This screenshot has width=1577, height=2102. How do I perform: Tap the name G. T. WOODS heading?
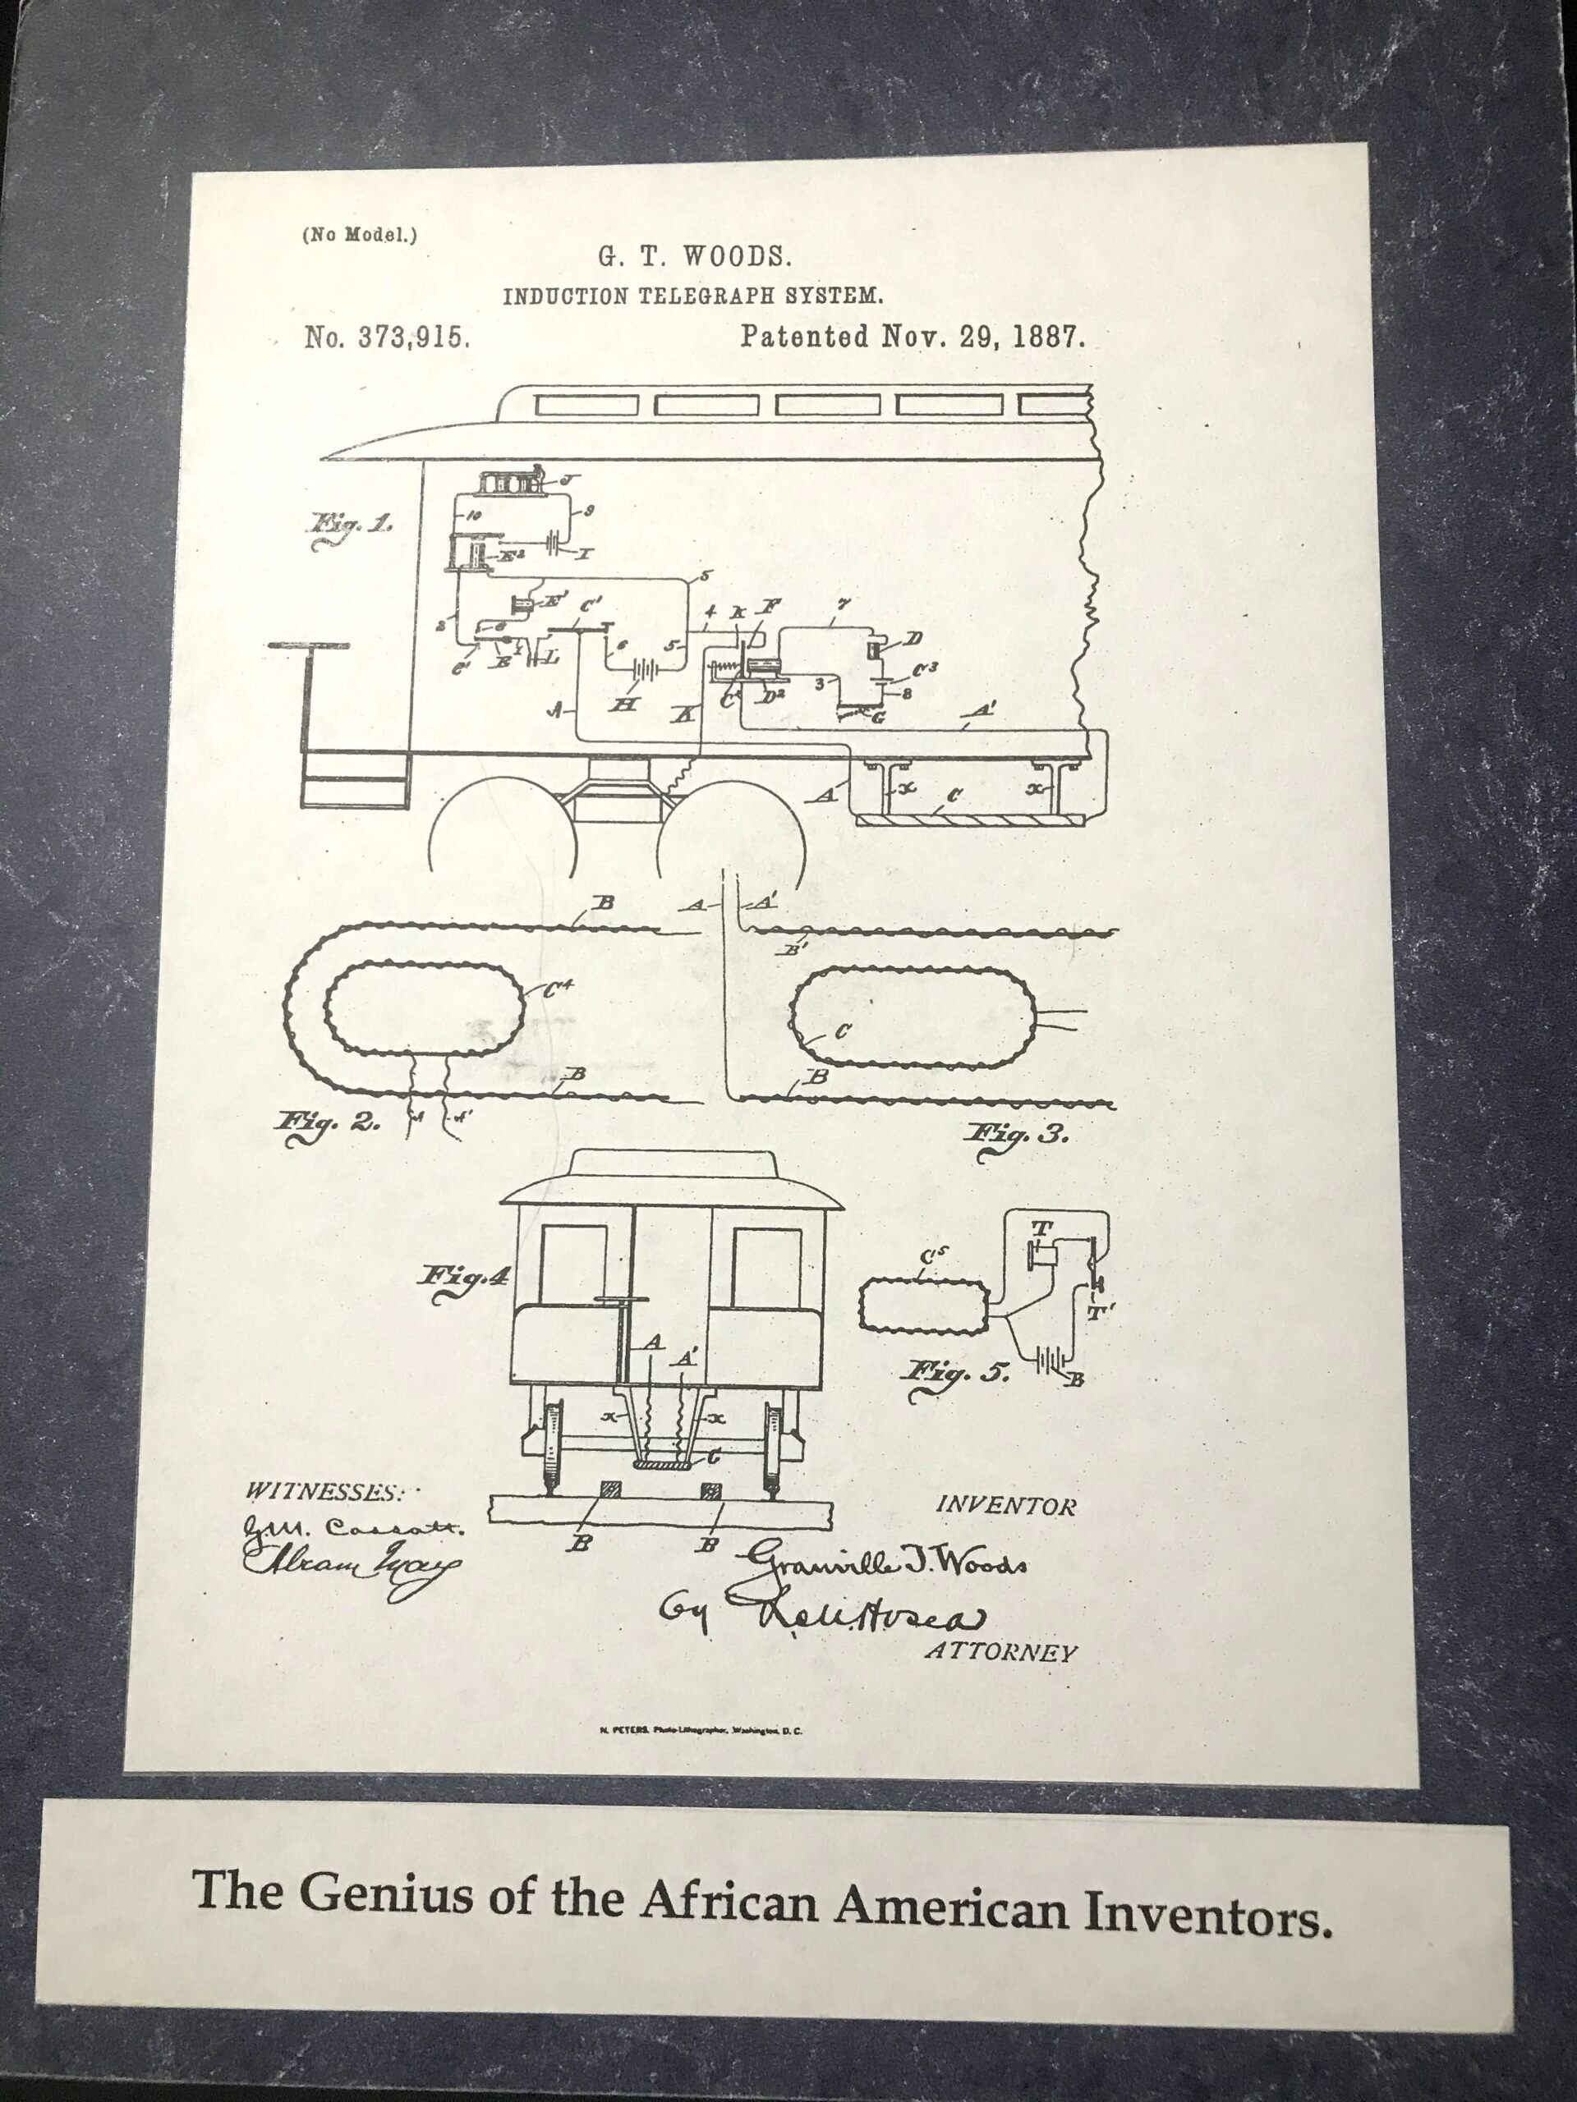click(x=694, y=256)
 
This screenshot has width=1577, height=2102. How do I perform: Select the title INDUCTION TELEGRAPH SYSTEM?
click(x=693, y=296)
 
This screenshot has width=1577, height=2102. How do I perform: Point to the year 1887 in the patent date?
click(x=1049, y=337)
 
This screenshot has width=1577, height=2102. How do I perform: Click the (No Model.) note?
click(x=359, y=234)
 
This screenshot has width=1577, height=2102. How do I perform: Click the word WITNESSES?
click(x=321, y=1492)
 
